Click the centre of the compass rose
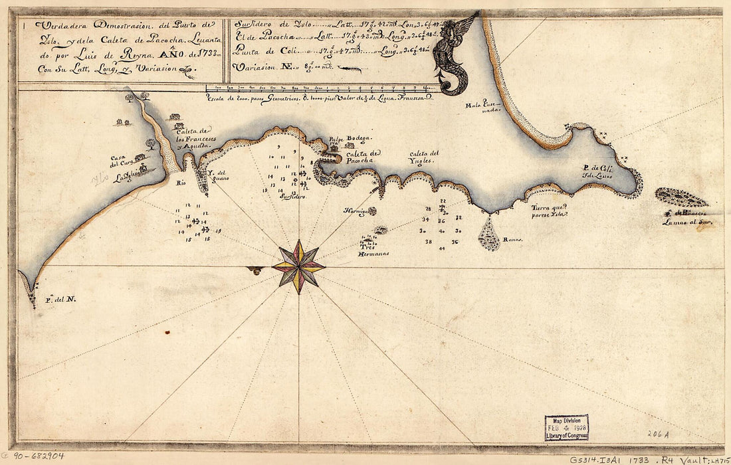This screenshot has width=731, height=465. coord(298,266)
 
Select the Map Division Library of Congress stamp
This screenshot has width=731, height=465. coord(566,428)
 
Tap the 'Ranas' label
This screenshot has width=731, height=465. coord(512,239)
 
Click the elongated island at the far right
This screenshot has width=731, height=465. coord(680,197)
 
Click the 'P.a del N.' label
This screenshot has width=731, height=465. coord(60,300)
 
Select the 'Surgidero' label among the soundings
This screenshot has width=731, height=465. coord(292,196)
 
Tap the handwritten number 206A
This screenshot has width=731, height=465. coord(658,433)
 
